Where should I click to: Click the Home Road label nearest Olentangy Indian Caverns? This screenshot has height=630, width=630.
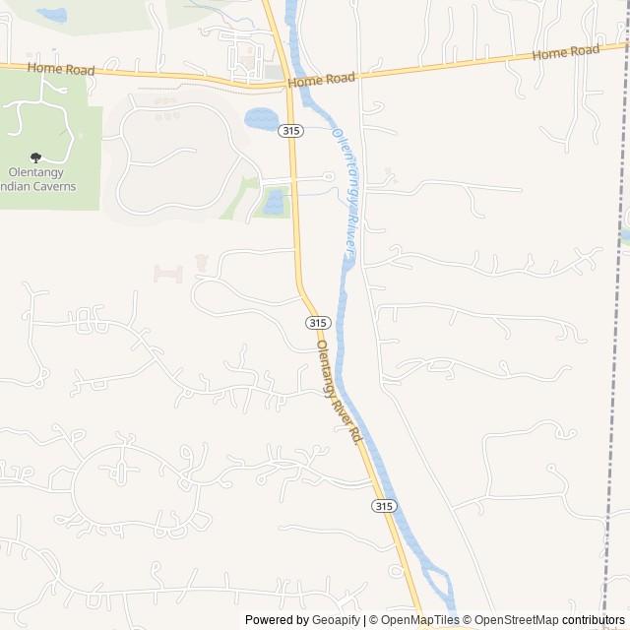[x=60, y=69]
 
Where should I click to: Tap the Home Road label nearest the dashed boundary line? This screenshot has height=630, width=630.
[x=565, y=52]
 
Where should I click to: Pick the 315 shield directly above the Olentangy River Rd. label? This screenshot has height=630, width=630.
[x=316, y=323]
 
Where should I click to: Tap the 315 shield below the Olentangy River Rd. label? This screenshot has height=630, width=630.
[x=384, y=506]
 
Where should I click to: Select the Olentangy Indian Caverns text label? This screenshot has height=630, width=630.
[x=42, y=178]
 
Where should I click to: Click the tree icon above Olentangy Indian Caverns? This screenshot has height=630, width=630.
[x=36, y=157]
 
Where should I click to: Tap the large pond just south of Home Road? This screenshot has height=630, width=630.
[x=262, y=119]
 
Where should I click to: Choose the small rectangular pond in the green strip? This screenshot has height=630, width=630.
[x=274, y=203]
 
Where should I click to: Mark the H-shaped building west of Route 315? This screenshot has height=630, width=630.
[x=167, y=273]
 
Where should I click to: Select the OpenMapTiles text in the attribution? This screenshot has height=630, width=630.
[x=419, y=620]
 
